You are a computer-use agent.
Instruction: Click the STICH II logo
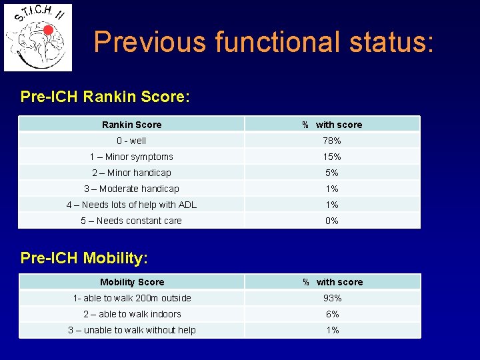pos(38,37)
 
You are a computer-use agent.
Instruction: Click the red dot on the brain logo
pos(48,30)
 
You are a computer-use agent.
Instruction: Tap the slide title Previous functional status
pos(264,41)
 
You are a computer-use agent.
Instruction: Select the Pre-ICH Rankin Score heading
pos(105,97)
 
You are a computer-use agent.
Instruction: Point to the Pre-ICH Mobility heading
pos(84,257)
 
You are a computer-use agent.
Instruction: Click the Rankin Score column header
pos(131,125)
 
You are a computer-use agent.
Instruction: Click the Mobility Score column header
pos(131,282)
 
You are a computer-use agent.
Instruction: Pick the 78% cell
pos(332,141)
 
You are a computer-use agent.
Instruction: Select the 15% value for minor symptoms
pos(332,157)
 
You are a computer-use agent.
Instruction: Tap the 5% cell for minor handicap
pos(332,173)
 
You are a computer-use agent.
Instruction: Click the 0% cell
pos(332,221)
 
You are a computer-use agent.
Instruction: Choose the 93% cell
pos(333,298)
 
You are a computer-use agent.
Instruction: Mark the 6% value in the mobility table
pos(333,314)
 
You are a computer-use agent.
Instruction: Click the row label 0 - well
pos(131,141)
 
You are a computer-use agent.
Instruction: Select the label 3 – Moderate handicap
pos(131,189)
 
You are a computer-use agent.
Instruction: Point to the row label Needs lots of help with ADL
pos(131,205)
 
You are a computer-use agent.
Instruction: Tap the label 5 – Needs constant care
pos(131,221)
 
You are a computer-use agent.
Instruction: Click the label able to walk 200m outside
pos(132,298)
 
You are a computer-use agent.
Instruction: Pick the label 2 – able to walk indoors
pos(132,314)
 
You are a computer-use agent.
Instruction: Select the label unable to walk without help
pos(132,330)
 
